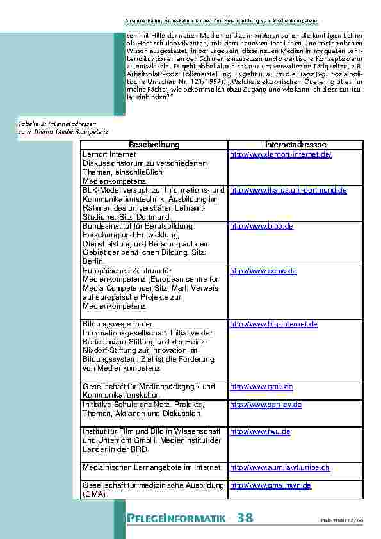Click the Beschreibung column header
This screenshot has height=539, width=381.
(x=154, y=145)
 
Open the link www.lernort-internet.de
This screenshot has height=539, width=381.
(x=280, y=155)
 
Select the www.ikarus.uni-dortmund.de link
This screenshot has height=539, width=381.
(x=288, y=191)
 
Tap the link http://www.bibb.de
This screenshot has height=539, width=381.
(x=261, y=227)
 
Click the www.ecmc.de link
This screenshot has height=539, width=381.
(x=263, y=271)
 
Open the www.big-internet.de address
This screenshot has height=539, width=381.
(x=273, y=325)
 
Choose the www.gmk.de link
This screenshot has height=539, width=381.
(x=261, y=387)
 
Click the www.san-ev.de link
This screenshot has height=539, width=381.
(x=266, y=405)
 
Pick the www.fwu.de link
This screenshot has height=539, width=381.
(x=260, y=432)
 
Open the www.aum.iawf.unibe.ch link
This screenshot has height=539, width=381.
(x=280, y=468)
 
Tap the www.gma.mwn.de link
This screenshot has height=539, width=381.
(x=270, y=486)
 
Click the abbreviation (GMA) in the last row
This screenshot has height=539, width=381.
(x=95, y=495)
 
